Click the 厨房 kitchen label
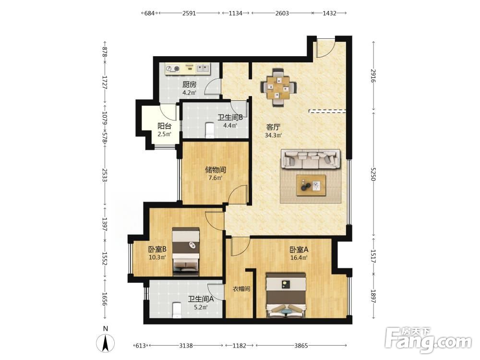[189, 84]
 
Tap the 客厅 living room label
[273, 127]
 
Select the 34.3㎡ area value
[273, 135]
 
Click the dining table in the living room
[278, 87]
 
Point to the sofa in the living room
[311, 159]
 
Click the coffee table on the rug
[311, 185]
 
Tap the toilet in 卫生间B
[210, 130]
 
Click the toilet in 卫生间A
[177, 310]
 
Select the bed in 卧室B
[186, 251]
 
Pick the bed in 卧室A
[286, 295]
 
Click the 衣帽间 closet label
[241, 288]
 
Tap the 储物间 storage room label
[216, 169]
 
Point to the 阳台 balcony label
[164, 126]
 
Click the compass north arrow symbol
[106, 343]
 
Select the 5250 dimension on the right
[373, 174]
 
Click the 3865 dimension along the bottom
[301, 346]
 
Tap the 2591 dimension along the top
[189, 13]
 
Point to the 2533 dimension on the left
[105, 175]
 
